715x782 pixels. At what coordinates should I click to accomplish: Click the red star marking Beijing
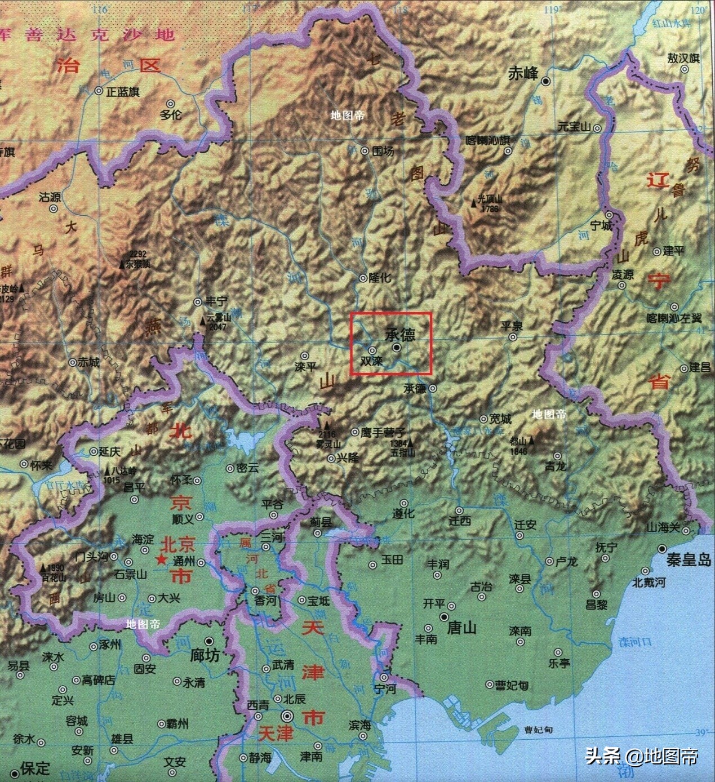(x=162, y=560)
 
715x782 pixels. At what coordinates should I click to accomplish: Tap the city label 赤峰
(x=523, y=74)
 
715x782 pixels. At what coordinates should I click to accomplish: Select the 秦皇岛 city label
(x=689, y=560)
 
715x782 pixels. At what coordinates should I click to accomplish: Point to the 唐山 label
(x=461, y=628)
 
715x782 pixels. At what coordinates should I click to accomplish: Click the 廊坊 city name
(x=205, y=655)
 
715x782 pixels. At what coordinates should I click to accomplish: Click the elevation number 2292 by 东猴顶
(x=137, y=254)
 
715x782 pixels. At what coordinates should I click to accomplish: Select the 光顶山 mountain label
(x=489, y=199)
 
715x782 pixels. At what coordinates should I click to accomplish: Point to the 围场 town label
(x=383, y=151)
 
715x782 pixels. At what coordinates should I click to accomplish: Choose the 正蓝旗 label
(x=123, y=91)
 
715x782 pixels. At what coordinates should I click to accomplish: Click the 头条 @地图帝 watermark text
(x=642, y=755)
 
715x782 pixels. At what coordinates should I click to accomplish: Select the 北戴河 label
(x=649, y=582)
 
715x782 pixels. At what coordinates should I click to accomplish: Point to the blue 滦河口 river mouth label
(x=635, y=642)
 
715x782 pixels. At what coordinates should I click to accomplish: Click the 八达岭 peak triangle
(x=108, y=470)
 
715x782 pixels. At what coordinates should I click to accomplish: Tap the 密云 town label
(x=247, y=468)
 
